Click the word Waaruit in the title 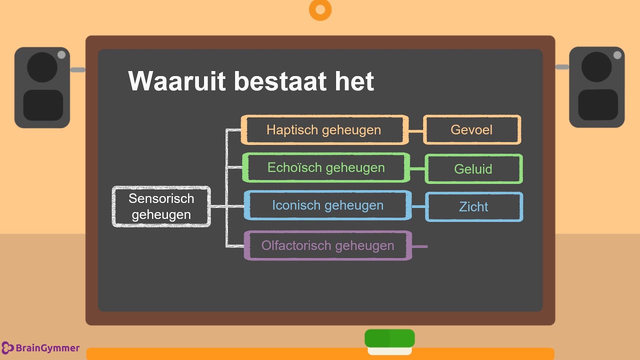click(177, 81)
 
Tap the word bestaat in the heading click(280, 81)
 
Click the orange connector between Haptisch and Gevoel click(416, 131)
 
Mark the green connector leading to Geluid click(417, 169)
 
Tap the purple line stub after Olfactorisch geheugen click(419, 246)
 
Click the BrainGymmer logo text click(47, 348)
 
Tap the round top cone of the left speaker click(42, 67)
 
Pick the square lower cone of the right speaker click(598, 105)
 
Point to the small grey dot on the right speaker click(617, 55)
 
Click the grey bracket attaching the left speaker click(77, 69)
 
